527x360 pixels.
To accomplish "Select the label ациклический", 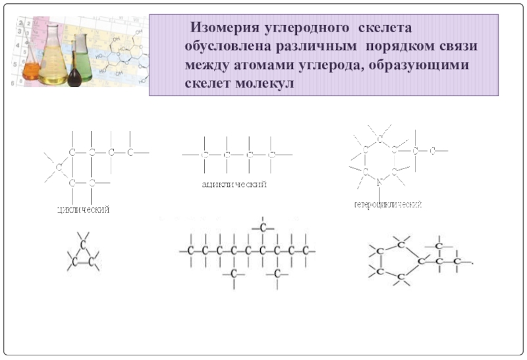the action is [x=234, y=185].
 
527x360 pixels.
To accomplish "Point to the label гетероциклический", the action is [x=387, y=205].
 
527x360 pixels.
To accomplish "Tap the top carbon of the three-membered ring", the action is [x=84, y=244].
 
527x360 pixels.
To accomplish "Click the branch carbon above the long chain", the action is [x=263, y=228].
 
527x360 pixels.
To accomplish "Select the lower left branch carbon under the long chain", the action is [x=234, y=272].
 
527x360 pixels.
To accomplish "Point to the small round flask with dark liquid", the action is [x=77, y=76].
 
